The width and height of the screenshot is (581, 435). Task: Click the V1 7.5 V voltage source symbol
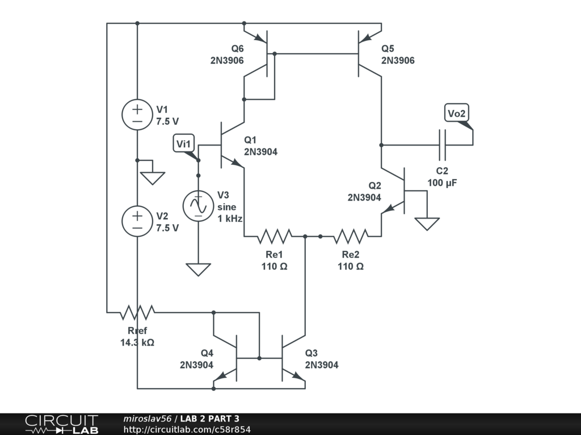coord(137,114)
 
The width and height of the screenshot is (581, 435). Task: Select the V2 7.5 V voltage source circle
coord(137,221)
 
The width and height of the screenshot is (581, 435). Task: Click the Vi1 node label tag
coord(184,144)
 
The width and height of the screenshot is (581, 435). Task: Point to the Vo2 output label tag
coord(457,114)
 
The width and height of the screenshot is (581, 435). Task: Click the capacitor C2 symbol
coord(443,145)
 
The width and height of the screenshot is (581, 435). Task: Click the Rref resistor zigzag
coord(137,312)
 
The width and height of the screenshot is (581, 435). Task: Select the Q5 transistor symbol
coord(365,53)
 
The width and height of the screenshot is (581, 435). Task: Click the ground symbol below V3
coord(198,270)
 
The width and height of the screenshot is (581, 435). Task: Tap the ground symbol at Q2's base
coord(427,223)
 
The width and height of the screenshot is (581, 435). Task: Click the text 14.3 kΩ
coord(137,343)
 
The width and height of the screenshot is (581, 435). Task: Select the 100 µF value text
coord(443,183)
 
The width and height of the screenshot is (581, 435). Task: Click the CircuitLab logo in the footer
coord(61,424)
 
